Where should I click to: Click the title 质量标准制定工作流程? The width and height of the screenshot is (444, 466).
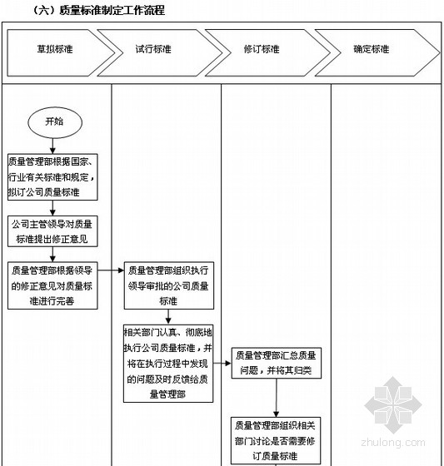[112, 10]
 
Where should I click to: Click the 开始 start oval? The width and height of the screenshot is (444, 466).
[55, 122]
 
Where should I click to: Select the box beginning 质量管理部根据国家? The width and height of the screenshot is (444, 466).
[52, 176]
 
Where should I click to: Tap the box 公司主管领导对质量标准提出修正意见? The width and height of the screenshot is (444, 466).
[52, 231]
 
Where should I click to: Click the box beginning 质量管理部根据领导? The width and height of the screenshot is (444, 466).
[52, 285]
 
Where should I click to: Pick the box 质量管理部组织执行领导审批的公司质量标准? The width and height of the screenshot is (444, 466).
[169, 285]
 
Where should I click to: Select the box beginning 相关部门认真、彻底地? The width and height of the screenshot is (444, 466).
[168, 364]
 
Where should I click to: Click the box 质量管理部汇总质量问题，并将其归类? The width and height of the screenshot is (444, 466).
[277, 363]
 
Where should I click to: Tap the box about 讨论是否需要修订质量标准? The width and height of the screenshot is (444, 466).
[276, 441]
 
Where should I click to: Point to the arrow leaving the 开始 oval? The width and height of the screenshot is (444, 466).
[52, 146]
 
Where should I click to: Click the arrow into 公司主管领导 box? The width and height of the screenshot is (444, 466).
[52, 208]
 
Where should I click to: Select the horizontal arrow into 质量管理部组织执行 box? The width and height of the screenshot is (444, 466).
[111, 270]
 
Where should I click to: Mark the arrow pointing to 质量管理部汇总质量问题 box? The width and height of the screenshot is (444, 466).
[222, 363]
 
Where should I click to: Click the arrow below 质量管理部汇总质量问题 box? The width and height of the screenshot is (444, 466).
[277, 398]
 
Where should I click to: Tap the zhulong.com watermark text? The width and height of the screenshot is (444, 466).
[393, 442]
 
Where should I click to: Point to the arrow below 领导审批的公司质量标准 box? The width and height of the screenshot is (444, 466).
[168, 317]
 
